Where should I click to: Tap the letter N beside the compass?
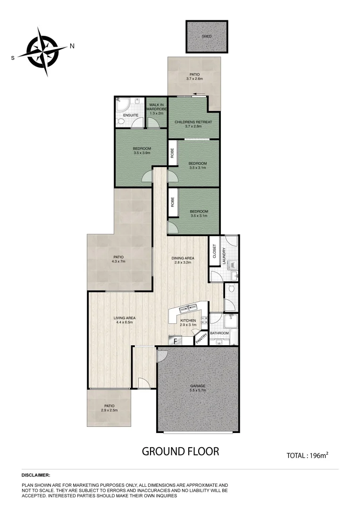point(72,46)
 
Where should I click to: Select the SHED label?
point(207,36)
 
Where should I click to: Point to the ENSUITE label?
point(131,115)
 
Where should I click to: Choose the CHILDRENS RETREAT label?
point(193,122)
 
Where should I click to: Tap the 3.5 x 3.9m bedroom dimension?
point(142,153)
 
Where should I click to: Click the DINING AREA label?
point(183,258)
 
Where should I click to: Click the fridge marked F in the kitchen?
point(176,340)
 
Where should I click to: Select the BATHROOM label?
point(219,333)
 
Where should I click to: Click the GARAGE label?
point(197,386)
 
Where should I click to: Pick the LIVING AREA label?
point(124,317)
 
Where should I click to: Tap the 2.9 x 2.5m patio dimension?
point(109,410)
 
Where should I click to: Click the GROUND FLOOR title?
point(181,451)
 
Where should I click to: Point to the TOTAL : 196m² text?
point(307,456)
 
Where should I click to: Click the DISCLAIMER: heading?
point(36,475)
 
